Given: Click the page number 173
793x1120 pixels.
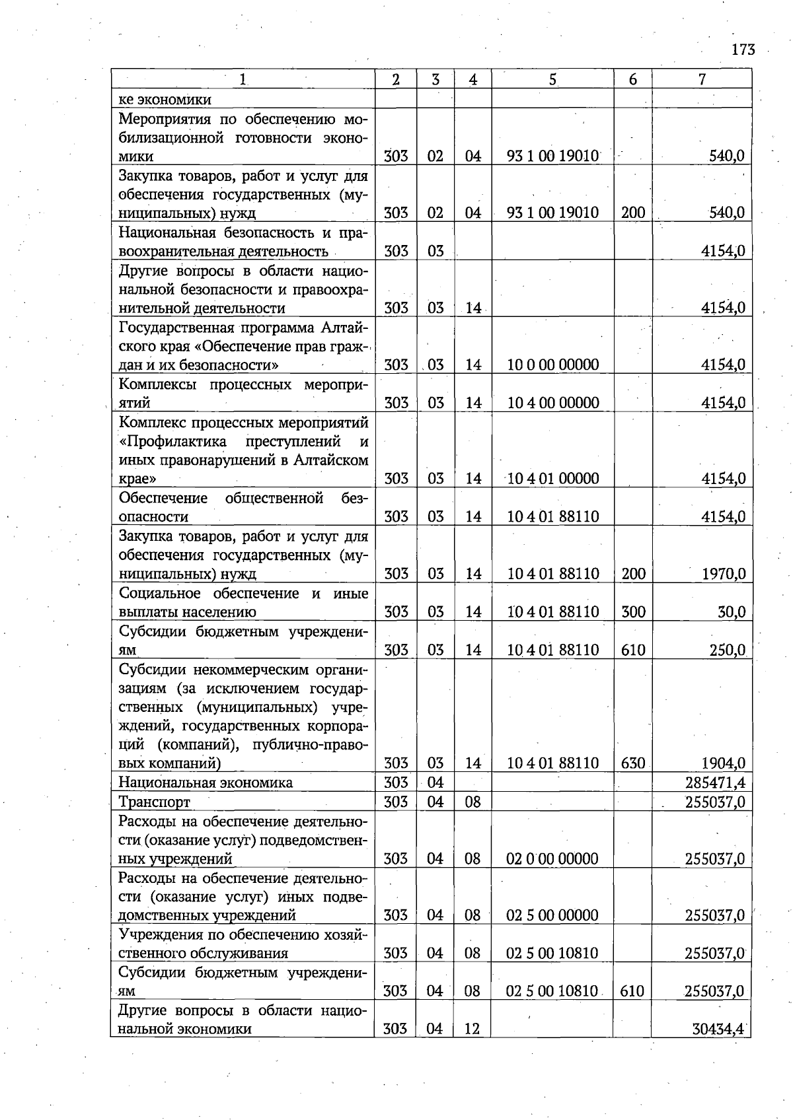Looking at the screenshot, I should [x=743, y=50].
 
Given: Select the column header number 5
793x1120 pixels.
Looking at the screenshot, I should [x=552, y=79].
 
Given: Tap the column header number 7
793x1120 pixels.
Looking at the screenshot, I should [x=702, y=79].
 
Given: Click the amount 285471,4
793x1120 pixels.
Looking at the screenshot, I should [x=715, y=783].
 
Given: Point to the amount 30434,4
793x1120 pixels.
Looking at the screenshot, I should [x=718, y=1029].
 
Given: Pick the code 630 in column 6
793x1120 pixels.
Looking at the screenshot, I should [x=632, y=763].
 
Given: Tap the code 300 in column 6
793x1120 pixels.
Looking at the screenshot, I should [x=632, y=612].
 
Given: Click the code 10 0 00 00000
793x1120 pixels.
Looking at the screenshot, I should [x=553, y=365].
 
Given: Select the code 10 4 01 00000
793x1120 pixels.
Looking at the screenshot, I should [x=553, y=479].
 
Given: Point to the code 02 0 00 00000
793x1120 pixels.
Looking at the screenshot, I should [x=552, y=859].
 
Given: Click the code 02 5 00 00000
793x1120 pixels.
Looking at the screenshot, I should [x=552, y=916].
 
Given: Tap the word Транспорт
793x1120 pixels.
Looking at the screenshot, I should [x=154, y=802].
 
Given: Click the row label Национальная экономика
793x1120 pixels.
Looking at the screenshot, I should [x=205, y=783].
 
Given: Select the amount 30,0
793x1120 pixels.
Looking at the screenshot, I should [x=732, y=612].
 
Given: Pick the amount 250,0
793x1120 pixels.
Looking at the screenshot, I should [x=728, y=650].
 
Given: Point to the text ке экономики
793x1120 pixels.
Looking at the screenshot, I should [x=165, y=100].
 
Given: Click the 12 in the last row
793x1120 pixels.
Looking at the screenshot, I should [x=472, y=1029].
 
